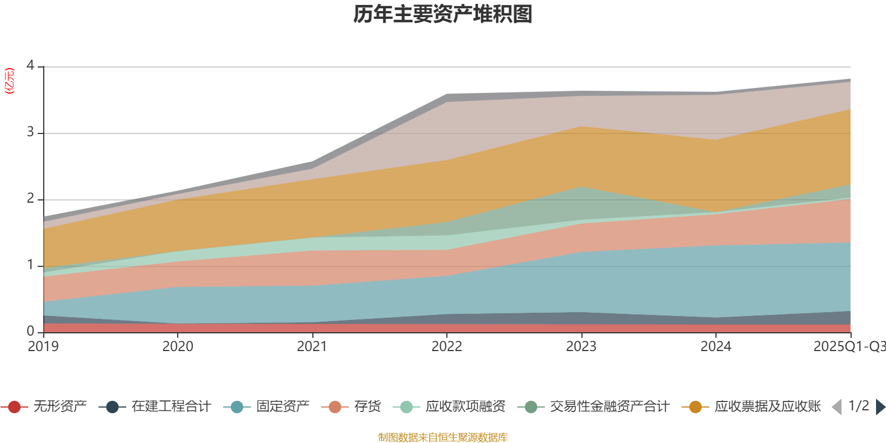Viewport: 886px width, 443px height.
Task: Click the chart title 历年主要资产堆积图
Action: tap(443, 14)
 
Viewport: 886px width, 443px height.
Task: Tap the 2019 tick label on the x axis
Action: tap(44, 347)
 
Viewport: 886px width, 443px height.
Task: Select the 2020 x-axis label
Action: tap(178, 347)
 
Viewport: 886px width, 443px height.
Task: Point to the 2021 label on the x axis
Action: tap(312, 347)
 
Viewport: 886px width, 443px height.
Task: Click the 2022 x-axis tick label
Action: tap(447, 347)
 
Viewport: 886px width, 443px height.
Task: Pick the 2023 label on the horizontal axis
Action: tap(581, 347)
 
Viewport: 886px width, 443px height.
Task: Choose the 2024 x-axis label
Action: tap(716, 347)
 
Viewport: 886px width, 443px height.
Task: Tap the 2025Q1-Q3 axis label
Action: tap(848, 347)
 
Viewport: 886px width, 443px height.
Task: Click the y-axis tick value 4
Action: tap(30, 66)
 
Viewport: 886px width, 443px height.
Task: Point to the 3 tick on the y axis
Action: tap(30, 133)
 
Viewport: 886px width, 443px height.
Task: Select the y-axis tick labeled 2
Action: tap(30, 199)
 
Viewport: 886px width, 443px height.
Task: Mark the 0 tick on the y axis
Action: tap(30, 332)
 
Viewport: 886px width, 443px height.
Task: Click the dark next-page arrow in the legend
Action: tap(880, 407)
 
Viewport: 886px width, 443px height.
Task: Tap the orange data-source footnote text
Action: tap(442, 437)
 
